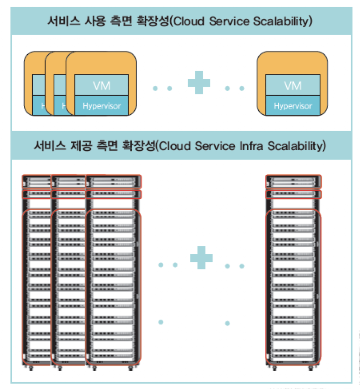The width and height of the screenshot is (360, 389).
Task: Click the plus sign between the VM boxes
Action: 199,83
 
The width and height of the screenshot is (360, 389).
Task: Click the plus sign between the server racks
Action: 201,257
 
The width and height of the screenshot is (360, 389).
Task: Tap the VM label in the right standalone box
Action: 293,86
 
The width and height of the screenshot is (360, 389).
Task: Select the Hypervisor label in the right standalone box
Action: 293,106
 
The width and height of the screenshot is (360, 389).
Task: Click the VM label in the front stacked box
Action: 102,86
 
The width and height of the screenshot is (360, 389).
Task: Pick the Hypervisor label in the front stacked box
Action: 102,106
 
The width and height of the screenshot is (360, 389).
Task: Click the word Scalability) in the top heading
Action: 283,21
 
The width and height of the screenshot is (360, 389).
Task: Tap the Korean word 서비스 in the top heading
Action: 64,21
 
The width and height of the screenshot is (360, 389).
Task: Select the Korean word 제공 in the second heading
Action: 81,146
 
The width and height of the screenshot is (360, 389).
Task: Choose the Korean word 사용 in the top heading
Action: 94,21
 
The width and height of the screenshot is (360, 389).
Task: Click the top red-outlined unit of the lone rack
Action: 294,182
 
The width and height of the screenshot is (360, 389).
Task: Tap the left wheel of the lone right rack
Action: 274,368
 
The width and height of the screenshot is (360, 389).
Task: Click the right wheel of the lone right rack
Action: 311,368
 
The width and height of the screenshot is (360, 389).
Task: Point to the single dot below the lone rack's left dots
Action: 227,323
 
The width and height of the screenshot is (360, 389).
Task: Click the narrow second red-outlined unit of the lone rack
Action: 294,194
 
